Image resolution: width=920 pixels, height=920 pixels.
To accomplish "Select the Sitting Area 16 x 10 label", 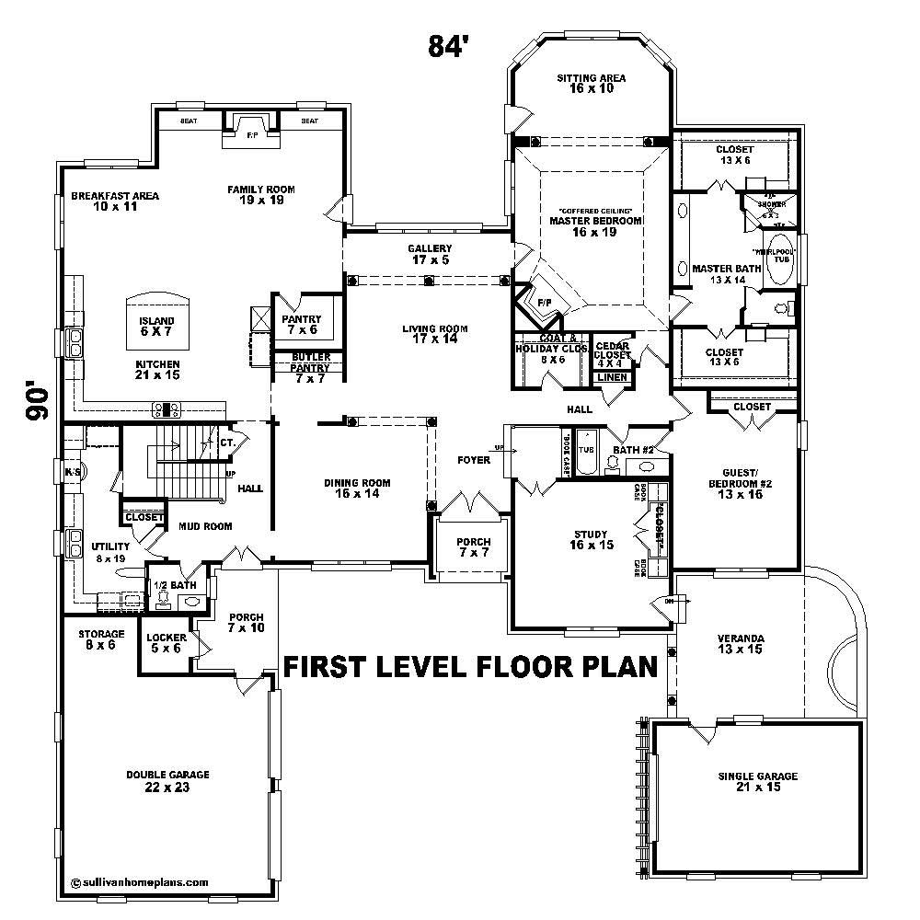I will (591, 84).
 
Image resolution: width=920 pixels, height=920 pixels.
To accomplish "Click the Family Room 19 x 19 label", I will (261, 195).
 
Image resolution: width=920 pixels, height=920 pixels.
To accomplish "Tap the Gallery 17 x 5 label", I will (430, 255).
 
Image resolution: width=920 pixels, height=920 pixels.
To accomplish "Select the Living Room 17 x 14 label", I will (435, 334).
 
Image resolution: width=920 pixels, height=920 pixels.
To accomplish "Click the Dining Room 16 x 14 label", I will (356, 489).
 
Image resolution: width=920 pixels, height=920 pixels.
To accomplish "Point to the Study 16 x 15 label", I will (592, 540).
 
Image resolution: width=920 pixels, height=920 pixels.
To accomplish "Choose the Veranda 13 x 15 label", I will (741, 644).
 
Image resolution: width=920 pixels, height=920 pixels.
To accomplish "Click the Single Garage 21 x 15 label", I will (757, 782).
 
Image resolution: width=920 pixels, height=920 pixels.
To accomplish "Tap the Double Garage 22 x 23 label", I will (167, 780).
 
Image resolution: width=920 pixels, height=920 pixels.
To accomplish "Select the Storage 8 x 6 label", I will (100, 639).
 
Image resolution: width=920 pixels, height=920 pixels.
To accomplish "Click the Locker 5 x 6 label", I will (167, 643).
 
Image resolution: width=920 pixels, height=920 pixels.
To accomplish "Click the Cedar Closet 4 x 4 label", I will (612, 354).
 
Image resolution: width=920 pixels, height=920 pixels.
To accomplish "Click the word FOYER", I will (474, 461).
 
